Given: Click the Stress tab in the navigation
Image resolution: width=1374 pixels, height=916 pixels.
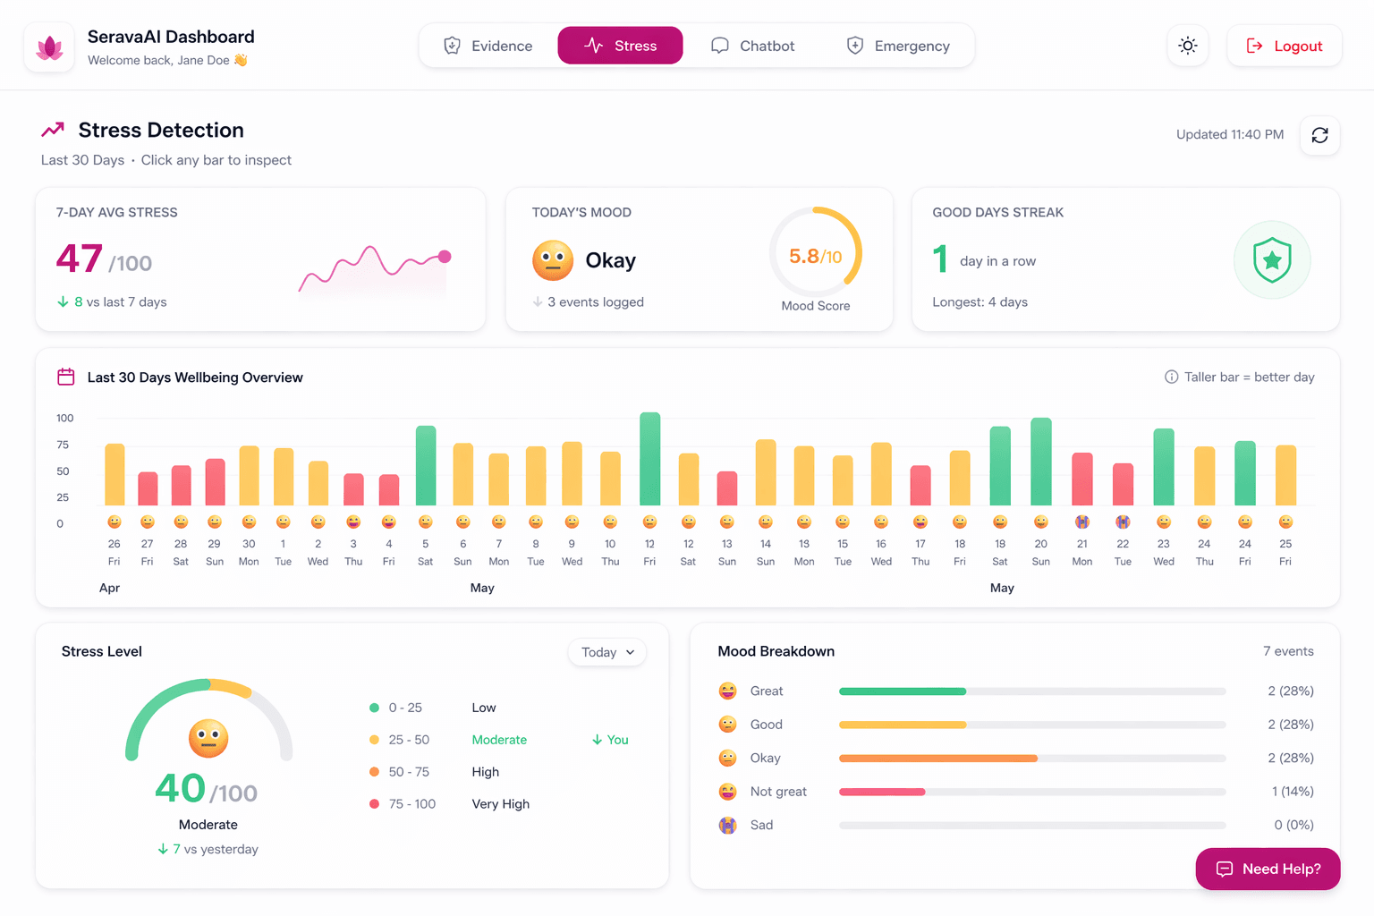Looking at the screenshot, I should (x=620, y=46).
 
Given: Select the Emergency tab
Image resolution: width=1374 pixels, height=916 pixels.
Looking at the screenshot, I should (x=898, y=46).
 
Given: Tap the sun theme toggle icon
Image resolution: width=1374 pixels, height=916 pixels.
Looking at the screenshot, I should (x=1187, y=46).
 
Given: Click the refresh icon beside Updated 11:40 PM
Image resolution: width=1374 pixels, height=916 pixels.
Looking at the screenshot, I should (x=1319, y=135).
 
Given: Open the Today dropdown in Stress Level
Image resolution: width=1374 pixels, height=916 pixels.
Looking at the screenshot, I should (x=607, y=652).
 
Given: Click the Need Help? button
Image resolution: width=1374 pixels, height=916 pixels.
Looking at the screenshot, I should (x=1268, y=869).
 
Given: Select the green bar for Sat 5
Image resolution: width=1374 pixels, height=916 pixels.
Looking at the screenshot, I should (x=426, y=466).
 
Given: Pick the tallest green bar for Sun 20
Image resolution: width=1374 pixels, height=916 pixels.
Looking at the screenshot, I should (x=1040, y=462).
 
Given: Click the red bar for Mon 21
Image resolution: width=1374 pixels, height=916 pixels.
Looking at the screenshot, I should (x=1082, y=479).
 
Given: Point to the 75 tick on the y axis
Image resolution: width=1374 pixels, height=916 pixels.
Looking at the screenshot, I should (x=63, y=445).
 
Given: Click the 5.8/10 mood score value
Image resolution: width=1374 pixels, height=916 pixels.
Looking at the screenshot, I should (x=815, y=257).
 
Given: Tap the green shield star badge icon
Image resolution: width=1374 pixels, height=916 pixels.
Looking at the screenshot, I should (x=1271, y=260).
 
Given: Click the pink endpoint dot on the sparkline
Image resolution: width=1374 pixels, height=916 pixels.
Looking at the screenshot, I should (x=445, y=257).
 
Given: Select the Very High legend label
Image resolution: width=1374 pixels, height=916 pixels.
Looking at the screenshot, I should (x=500, y=804).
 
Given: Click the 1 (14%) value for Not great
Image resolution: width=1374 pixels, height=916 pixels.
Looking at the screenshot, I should (x=1292, y=792).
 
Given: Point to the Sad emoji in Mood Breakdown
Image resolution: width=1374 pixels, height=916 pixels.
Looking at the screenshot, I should (x=728, y=825).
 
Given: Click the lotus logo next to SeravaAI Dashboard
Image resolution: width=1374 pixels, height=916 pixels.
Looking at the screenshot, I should (x=49, y=47).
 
